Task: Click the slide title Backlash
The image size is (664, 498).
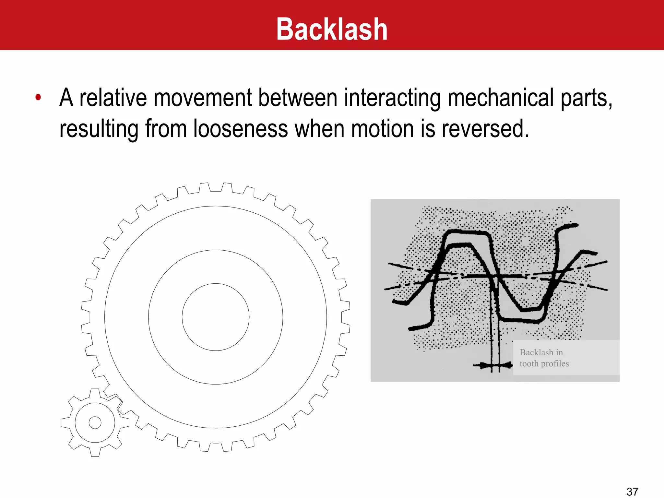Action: point(332,30)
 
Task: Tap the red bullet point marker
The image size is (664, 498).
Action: point(38,97)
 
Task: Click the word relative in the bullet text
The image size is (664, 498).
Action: point(113,98)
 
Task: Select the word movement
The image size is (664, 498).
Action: point(203,98)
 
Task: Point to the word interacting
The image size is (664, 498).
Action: point(392,98)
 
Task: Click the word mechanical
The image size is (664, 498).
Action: point(501,98)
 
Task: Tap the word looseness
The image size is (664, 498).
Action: point(241,129)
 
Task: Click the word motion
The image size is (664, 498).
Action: point(383,129)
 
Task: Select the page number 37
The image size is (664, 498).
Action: point(632,492)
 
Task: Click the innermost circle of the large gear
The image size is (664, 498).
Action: point(216,317)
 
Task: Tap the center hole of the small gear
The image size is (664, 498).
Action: point(95,422)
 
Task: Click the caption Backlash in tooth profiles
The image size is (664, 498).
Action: point(544,358)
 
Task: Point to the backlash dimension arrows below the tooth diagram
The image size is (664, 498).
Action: point(493,365)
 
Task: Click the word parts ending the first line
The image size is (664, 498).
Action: point(586,98)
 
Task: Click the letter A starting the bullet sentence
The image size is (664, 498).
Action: point(66,98)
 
